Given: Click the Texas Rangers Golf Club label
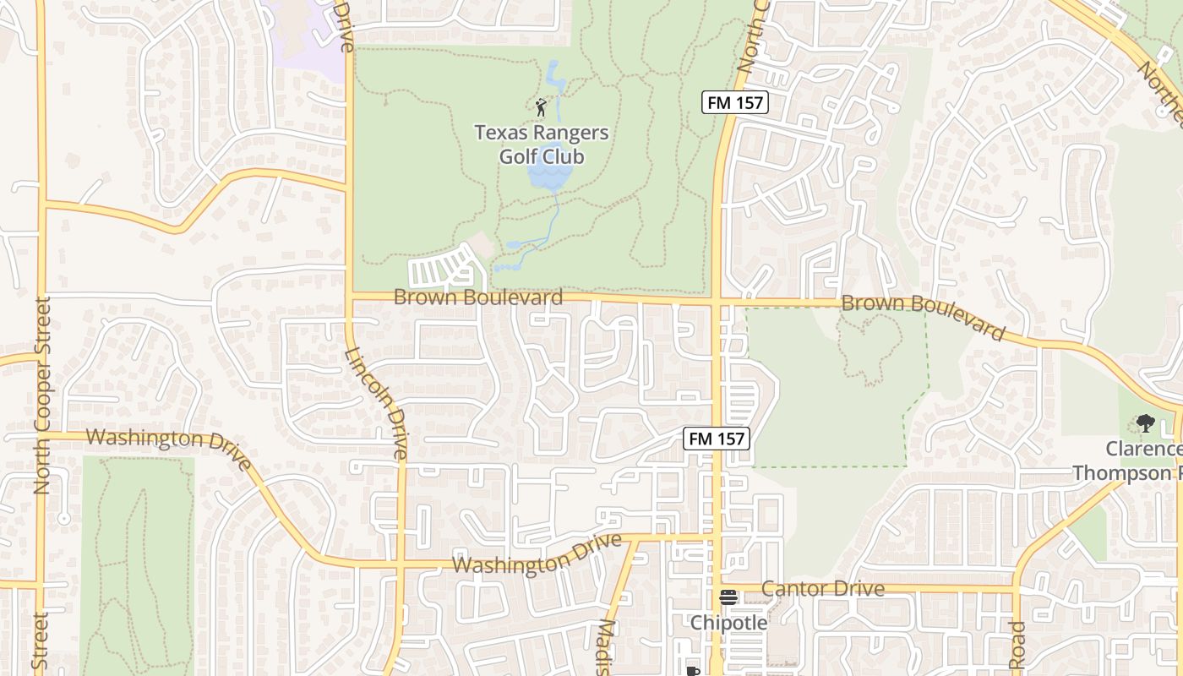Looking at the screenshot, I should click(542, 144).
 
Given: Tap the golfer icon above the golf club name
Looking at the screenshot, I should click(542, 107).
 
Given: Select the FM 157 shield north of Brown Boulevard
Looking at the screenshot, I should click(734, 103).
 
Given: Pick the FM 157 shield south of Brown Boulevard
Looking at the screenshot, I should click(716, 439).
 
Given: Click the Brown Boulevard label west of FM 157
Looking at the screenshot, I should click(478, 297).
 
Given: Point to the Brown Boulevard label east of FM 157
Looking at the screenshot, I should click(923, 316).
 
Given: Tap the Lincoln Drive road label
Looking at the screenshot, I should click(377, 403).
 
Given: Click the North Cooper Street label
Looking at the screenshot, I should click(43, 395).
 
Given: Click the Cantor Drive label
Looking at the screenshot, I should click(823, 589).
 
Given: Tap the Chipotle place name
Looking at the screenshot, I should click(728, 623).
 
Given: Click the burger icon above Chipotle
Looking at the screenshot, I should click(728, 597).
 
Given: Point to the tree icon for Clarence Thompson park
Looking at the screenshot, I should click(1145, 422).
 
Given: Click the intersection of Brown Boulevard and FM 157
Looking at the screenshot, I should click(716, 301).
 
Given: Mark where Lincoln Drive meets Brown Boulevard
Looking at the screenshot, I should click(350, 295).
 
